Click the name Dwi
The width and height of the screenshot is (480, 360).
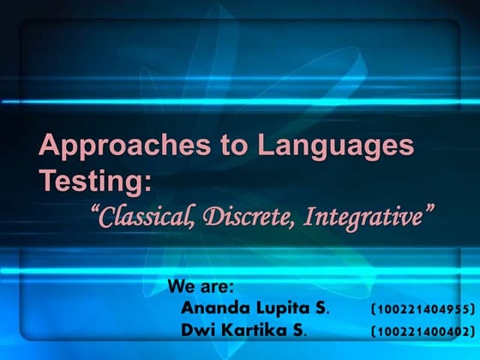(198, 330)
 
